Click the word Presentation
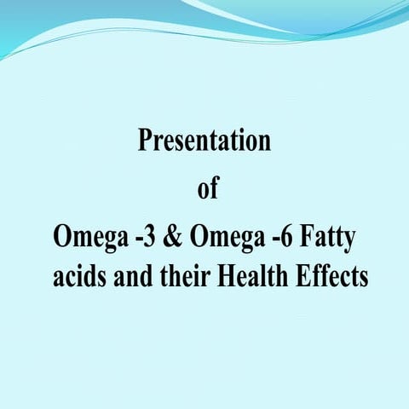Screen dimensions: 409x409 [x=204, y=141]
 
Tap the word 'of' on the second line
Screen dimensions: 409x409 [x=207, y=190]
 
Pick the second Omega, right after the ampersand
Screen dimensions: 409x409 [x=225, y=239]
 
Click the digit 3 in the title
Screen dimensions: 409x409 [x=137, y=239]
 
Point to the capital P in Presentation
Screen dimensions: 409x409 [x=145, y=141]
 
